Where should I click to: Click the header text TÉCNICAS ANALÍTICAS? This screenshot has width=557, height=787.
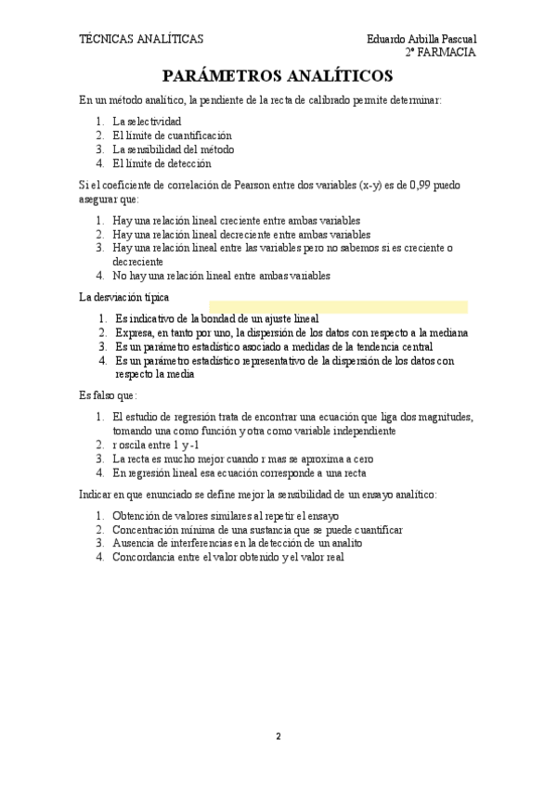pos(141,39)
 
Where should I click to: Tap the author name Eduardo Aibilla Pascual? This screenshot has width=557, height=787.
pos(421,39)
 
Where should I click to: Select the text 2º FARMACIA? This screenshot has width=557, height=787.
pos(441,53)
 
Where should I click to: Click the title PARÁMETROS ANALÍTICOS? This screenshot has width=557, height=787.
pos(278,76)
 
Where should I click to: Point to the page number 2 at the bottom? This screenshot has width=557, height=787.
pos(278,736)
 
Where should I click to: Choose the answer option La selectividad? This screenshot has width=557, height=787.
pos(147,122)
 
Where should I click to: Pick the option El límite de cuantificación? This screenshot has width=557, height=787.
pos(172,135)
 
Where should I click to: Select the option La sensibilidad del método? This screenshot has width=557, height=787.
pos(173,149)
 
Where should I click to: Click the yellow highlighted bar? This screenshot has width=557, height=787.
pos(338,307)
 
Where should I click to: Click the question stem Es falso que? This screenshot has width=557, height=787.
pos(108,395)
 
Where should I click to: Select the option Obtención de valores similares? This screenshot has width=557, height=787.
pos(226,516)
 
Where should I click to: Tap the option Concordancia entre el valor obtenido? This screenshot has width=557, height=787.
pos(227,557)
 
